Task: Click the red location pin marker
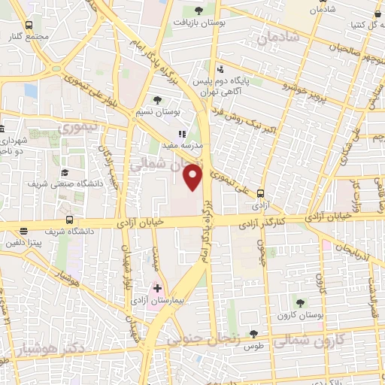pos(193,177)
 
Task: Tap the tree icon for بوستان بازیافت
pos(199,11)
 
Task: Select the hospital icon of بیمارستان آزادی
pos(158,288)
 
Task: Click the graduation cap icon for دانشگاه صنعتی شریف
pos(64,171)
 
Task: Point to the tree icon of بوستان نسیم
pos(157,99)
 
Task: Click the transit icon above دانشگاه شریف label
pos(69,220)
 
